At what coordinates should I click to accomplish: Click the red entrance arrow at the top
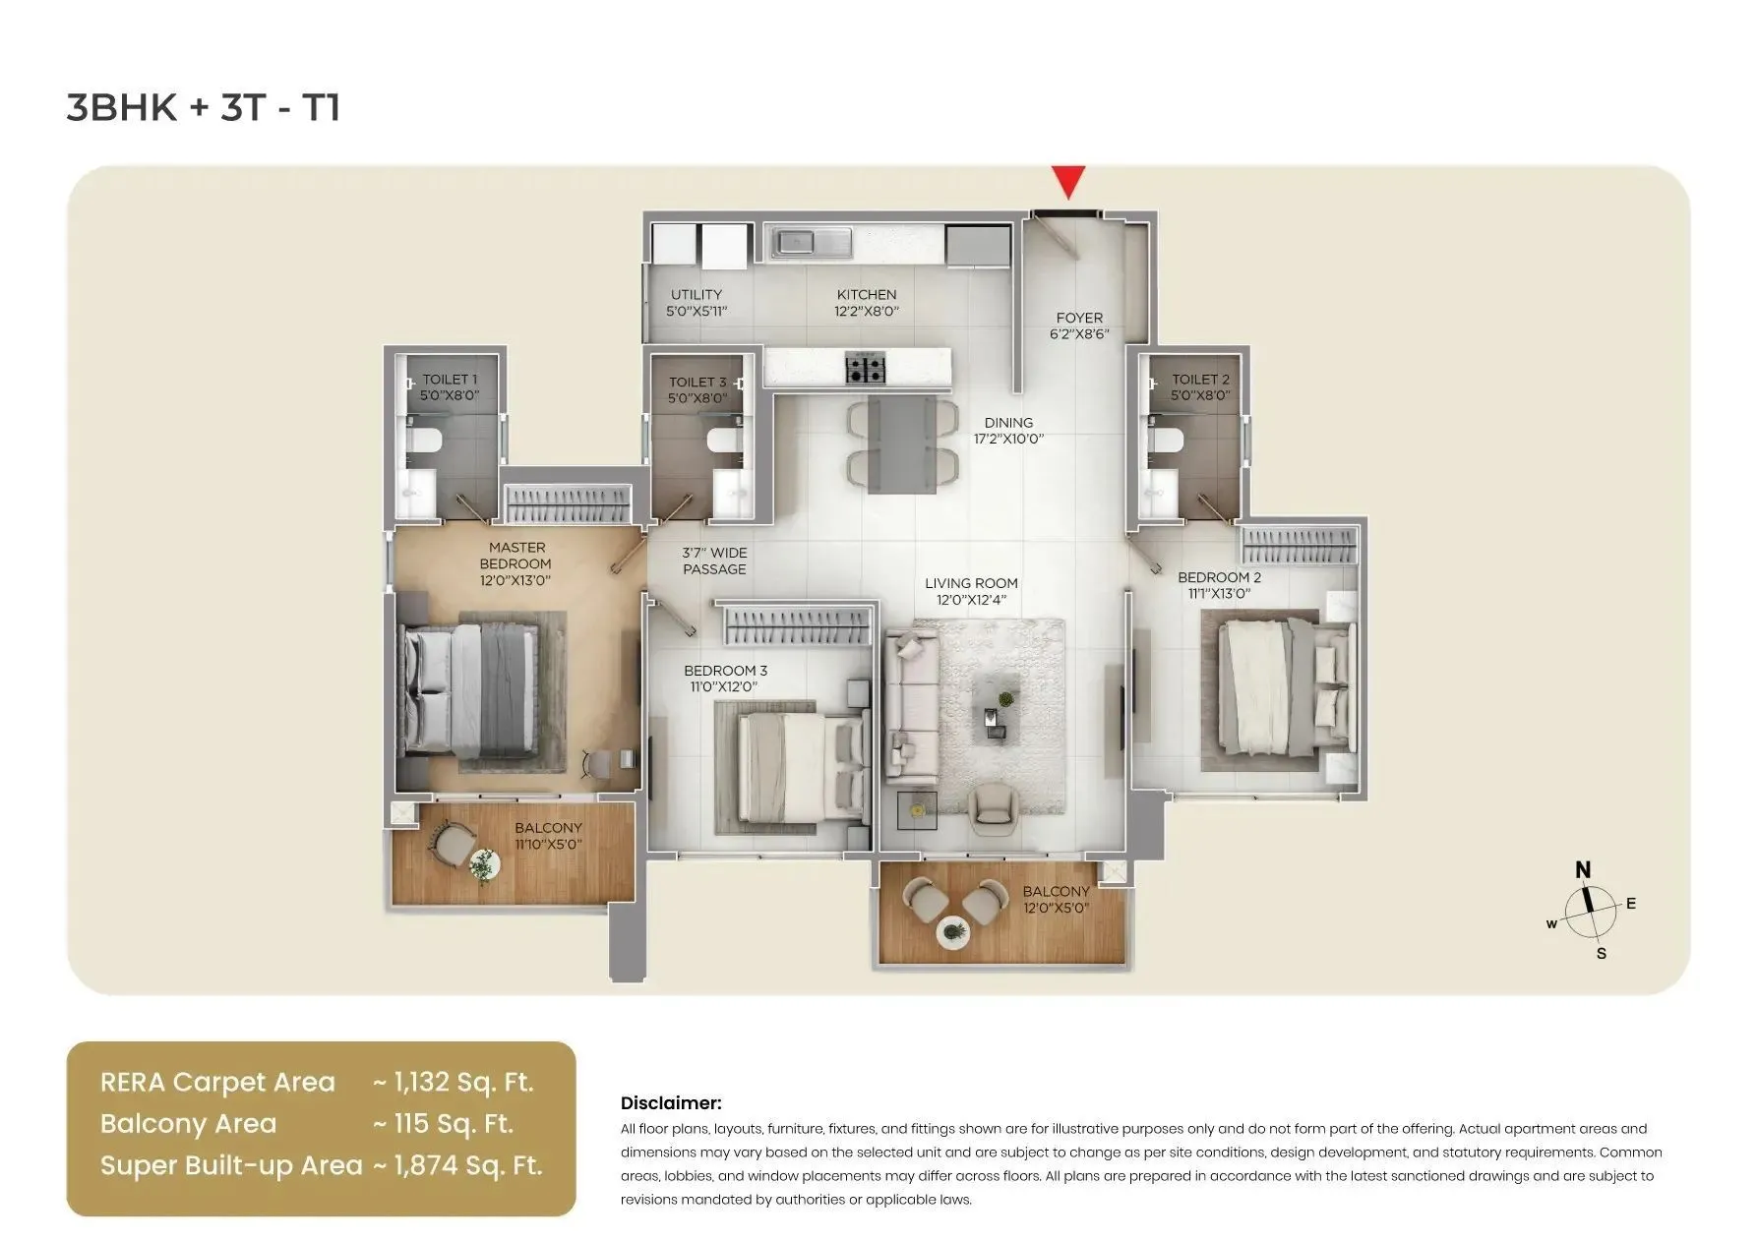1067,183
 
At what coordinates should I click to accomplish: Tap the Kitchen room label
867,303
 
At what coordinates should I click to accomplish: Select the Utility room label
697,303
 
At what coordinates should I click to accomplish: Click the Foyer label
1079,325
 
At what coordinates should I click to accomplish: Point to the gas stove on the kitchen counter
866,370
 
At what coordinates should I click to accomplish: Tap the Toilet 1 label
450,387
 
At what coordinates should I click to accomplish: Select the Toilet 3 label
697,390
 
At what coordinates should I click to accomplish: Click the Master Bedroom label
515,563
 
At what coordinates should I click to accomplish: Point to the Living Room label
971,591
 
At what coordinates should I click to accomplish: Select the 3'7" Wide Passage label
715,562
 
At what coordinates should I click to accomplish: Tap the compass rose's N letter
1583,869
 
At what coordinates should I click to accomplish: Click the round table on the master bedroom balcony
483,865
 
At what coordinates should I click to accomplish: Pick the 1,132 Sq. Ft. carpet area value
462,1083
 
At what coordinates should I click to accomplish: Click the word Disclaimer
671,1103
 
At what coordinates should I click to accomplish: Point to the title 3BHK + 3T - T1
204,107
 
